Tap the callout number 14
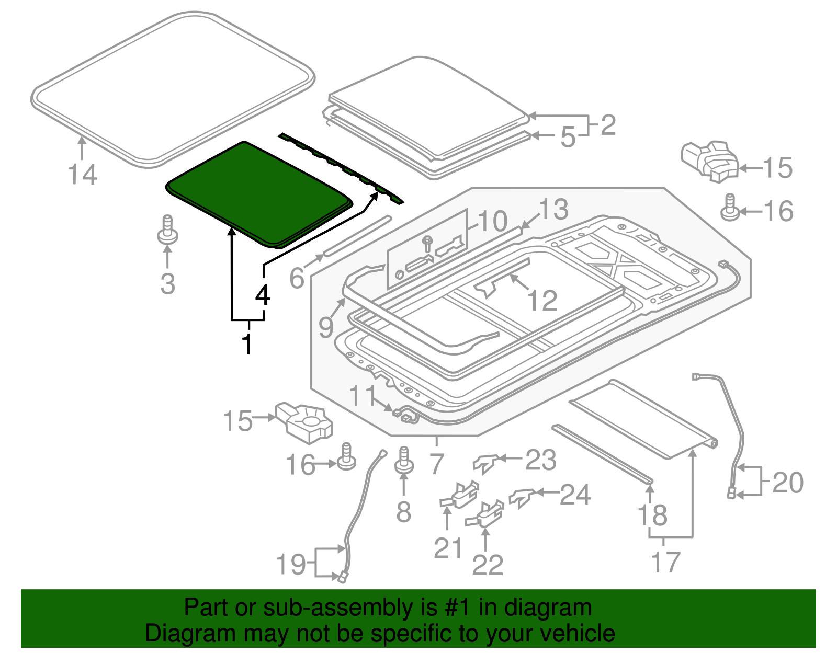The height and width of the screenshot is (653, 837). [83, 175]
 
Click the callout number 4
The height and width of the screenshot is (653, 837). [263, 295]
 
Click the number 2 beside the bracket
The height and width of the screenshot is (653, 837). [608, 125]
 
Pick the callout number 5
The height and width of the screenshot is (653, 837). [568, 137]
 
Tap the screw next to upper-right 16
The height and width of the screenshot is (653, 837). [730, 208]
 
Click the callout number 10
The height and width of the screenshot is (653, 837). [492, 221]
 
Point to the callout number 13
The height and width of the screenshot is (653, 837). [553, 209]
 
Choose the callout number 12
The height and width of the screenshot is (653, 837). [542, 301]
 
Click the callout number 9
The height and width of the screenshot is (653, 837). [326, 328]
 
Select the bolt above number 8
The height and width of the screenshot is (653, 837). [404, 460]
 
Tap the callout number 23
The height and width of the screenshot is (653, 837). [540, 460]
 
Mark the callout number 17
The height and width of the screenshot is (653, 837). [665, 563]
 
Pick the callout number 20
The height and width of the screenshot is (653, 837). [787, 482]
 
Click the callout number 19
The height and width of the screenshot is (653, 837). [291, 564]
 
